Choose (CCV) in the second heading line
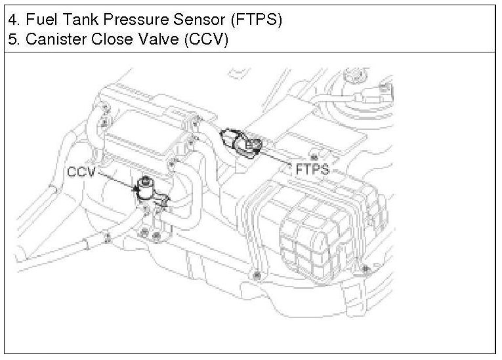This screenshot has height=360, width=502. pos(203,39)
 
